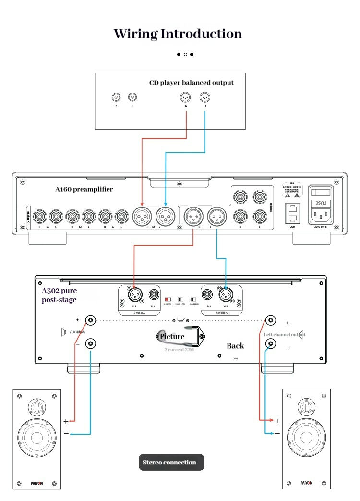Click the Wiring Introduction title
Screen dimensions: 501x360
pyautogui.click(x=178, y=34)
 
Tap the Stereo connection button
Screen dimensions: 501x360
pyautogui.click(x=169, y=463)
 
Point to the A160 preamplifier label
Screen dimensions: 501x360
pyautogui.click(x=84, y=189)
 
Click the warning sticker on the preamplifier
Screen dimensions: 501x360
pyautogui.click(x=292, y=190)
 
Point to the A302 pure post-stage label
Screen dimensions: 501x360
pyautogui.click(x=59, y=295)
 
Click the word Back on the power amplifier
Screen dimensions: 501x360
pyautogui.click(x=235, y=346)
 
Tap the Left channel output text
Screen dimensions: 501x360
pyautogui.click(x=284, y=334)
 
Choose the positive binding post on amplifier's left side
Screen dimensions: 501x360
pyautogui.click(x=90, y=320)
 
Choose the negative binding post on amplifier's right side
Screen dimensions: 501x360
pyautogui.click(x=271, y=343)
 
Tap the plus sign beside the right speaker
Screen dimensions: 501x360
pyautogui.click(x=277, y=421)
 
